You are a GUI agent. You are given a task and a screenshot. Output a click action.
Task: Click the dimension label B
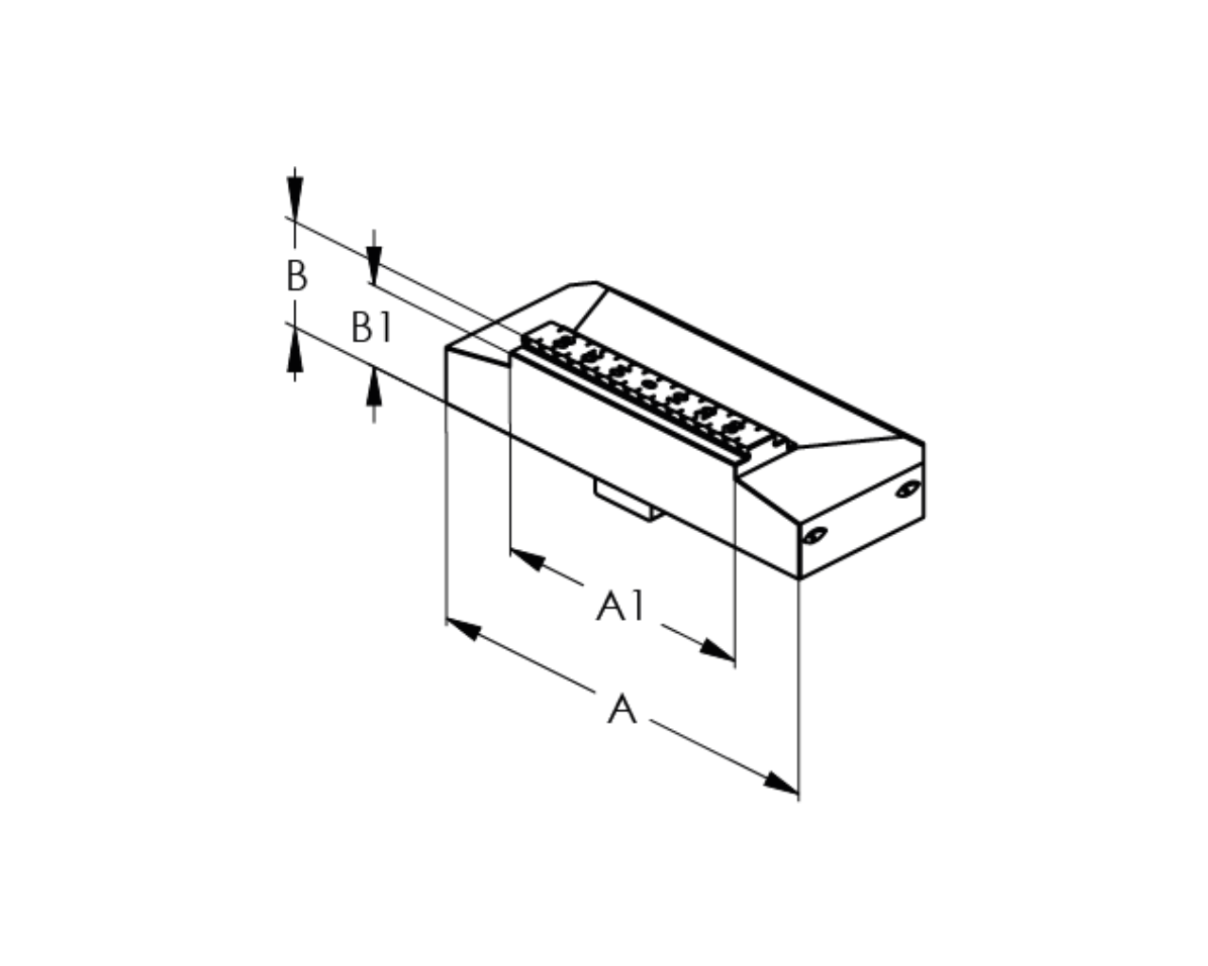pos(297,275)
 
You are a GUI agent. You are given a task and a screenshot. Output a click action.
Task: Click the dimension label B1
pos(371,326)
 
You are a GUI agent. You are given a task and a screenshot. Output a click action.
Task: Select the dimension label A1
pos(621,606)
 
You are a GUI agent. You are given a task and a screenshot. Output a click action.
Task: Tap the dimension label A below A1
pos(622,708)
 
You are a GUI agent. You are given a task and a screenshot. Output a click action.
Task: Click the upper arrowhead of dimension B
pos(294,197)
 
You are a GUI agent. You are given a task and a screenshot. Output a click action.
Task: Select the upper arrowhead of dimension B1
pos(374,265)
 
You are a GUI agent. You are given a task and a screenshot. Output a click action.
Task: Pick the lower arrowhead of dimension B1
pos(374,387)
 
